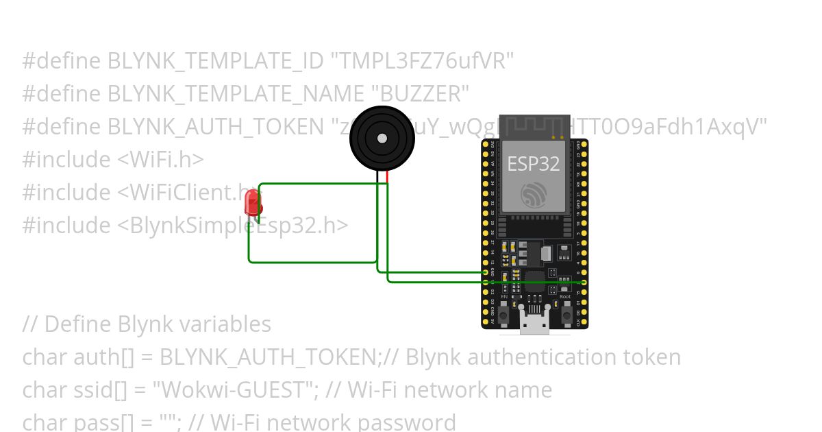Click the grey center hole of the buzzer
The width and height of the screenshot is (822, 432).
382,138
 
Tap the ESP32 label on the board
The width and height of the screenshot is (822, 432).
533,163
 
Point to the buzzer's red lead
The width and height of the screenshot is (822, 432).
387,176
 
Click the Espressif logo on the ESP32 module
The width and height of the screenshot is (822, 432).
533,194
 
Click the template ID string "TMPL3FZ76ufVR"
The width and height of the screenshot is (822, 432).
422,61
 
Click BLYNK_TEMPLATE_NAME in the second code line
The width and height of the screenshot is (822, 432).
236,93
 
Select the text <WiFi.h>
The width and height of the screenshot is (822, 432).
160,159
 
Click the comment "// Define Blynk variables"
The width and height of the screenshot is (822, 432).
147,324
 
